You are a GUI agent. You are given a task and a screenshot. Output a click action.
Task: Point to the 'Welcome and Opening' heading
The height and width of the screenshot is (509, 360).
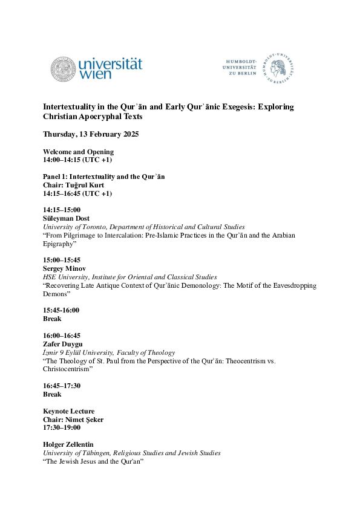point(78,152)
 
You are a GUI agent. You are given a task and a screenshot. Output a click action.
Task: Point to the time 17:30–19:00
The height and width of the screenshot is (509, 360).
point(62,427)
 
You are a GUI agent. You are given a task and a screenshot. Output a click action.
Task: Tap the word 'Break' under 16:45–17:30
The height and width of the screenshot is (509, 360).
point(52,394)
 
